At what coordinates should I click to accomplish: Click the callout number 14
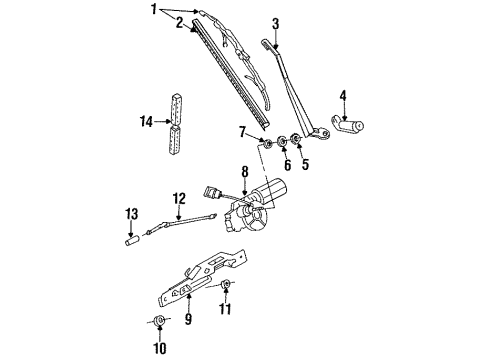pos(146,122)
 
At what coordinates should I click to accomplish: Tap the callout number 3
pos(275,24)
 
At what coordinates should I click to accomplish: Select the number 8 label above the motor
pos(245,172)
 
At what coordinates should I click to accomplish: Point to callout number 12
pos(179,199)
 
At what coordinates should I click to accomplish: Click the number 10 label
pos(160,348)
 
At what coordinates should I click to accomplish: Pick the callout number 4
pos(343,96)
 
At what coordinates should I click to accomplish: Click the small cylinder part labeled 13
pos(131,241)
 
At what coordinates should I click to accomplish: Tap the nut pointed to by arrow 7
pos(267,144)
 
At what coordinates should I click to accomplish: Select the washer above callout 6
pos(282,141)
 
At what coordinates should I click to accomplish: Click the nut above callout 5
pos(295,139)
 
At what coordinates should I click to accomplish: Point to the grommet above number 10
pos(160,320)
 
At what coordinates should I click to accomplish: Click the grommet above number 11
pos(226,284)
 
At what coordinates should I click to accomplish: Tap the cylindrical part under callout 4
pos(349,125)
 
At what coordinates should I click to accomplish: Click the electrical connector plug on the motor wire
pos(211,193)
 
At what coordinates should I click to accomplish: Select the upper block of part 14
pos(177,109)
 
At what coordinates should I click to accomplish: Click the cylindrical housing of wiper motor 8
pos(271,189)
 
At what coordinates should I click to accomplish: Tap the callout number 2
pos(180,23)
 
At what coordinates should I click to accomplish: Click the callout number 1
pos(154,9)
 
